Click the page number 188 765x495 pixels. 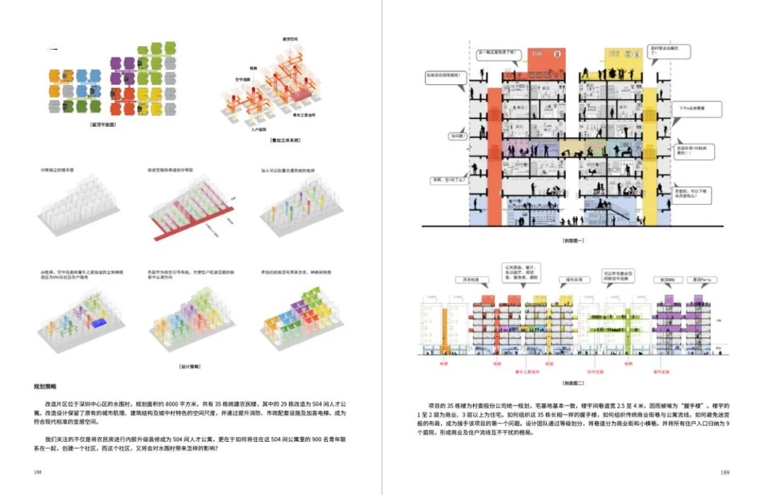pyautogui.click(x=37, y=472)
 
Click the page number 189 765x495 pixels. pyautogui.click(x=725, y=472)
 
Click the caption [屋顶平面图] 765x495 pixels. pyautogui.click(x=103, y=124)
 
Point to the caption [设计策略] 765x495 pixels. pyautogui.click(x=189, y=367)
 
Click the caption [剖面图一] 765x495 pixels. pyautogui.click(x=572, y=240)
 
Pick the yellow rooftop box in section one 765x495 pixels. pyautogui.click(x=623, y=60)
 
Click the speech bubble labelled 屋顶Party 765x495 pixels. pyautogui.click(x=702, y=280)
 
